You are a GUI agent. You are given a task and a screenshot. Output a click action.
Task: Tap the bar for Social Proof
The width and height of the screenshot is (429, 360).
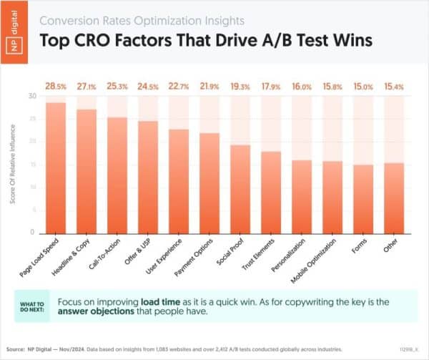(240, 189)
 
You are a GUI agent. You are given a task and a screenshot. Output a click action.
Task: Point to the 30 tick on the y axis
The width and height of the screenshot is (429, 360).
(31, 96)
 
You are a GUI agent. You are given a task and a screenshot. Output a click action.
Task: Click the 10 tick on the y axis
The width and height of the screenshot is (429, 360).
(31, 188)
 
